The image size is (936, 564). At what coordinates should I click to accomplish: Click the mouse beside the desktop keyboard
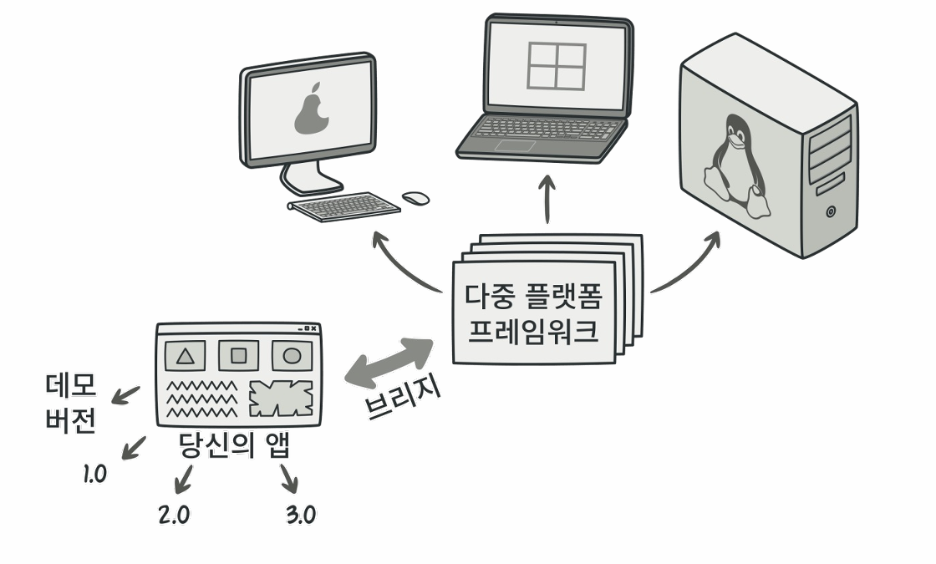point(415,198)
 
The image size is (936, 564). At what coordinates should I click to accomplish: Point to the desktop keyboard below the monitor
point(345,206)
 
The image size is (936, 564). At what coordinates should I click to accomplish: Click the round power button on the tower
point(830,211)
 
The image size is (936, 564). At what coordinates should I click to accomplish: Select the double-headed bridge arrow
point(390,363)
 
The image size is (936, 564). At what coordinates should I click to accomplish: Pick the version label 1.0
point(94,474)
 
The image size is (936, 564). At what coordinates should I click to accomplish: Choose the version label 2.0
point(174,515)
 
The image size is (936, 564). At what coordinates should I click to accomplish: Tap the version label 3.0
point(301,515)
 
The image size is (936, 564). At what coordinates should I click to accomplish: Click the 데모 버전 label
point(70,403)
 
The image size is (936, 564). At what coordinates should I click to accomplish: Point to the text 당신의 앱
point(235,445)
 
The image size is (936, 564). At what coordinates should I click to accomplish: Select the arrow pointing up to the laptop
point(548,198)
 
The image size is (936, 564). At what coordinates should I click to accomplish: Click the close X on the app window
point(312,329)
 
